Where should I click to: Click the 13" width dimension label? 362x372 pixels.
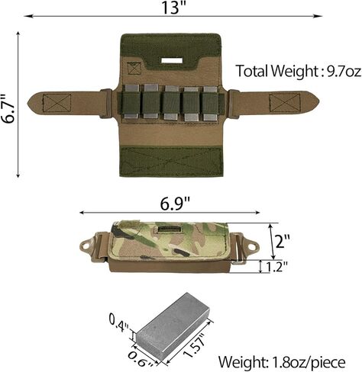[x=174, y=8]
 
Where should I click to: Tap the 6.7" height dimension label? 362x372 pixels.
[x=9, y=109]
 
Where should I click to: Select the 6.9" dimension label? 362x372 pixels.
[x=175, y=204]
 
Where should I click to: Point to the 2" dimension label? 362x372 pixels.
[x=283, y=241]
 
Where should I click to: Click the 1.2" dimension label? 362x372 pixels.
[x=276, y=267]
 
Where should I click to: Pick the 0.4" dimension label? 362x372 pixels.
[x=118, y=322]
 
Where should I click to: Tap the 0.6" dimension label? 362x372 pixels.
[x=141, y=358]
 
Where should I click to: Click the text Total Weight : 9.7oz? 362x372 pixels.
[x=298, y=71]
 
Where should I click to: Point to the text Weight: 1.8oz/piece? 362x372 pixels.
[x=282, y=361]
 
